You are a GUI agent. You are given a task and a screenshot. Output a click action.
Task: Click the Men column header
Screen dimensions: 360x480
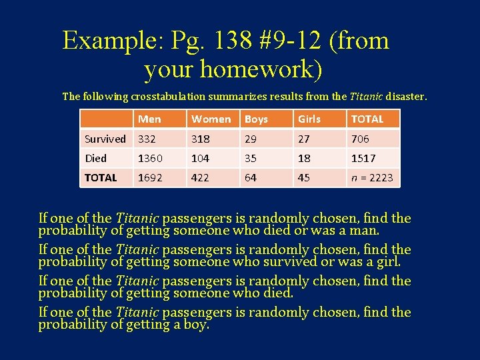coord(149,119)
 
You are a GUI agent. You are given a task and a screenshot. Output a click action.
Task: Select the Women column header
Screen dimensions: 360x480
coord(211,119)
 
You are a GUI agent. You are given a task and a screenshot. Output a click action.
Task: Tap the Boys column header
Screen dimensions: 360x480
coord(256,119)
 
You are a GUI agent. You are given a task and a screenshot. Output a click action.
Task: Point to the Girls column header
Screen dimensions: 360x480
coord(309,119)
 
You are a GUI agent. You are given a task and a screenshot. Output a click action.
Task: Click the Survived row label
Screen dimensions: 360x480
coord(105,139)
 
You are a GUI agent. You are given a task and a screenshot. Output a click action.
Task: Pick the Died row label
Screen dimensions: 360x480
coord(96,158)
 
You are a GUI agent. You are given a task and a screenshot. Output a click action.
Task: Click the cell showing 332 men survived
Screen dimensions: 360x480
coord(147,139)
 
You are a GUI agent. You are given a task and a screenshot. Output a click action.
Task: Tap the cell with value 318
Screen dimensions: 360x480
coord(200,139)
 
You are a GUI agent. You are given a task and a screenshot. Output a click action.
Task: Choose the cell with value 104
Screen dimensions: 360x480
coord(200,158)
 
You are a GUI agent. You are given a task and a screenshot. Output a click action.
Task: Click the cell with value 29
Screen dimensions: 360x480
coord(251,139)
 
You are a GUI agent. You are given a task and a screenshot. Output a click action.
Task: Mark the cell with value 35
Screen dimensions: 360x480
coord(251,158)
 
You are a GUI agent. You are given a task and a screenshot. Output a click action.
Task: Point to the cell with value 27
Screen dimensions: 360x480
coord(304,139)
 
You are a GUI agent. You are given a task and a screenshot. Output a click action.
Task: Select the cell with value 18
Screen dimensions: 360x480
coord(304,158)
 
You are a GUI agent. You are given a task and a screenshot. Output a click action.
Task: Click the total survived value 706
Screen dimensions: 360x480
coord(360,139)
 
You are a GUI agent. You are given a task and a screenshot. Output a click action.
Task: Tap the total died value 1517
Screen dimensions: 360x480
coord(363,158)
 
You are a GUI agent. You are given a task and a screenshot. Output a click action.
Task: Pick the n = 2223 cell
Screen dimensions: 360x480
coord(372,177)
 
